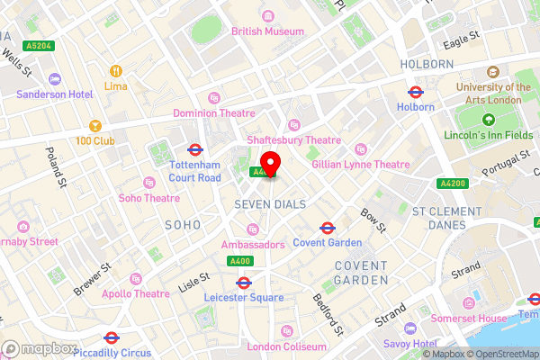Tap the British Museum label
[267, 31]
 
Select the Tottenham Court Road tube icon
[195, 149]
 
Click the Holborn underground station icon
[416, 92]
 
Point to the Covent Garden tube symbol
[328, 228]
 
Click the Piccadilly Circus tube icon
[111, 337]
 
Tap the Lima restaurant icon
[116, 70]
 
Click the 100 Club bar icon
[96, 126]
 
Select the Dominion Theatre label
[214, 113]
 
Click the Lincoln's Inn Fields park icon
[489, 120]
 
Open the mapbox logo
[40, 348]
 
